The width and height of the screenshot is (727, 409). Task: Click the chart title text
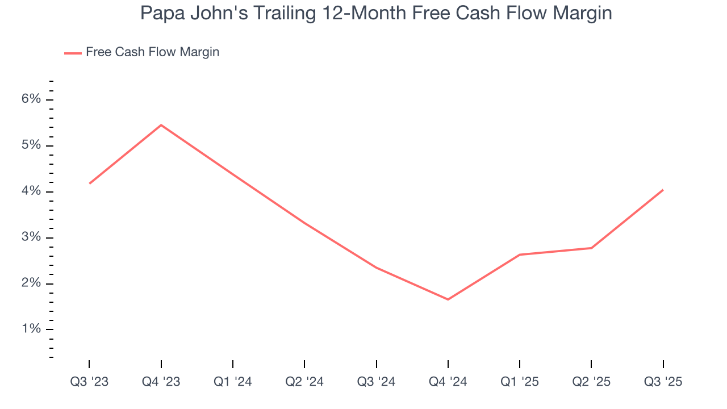[x=376, y=13]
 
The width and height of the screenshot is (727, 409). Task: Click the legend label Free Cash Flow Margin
[x=152, y=52]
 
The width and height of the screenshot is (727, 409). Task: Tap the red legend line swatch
[x=73, y=53]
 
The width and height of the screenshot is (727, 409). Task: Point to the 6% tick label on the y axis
[x=32, y=99]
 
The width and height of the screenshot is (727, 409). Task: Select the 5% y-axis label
[x=32, y=145]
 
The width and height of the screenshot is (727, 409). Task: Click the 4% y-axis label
[x=32, y=191]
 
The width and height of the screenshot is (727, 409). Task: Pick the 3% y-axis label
[x=32, y=237]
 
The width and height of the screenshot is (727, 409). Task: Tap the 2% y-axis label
[x=32, y=283]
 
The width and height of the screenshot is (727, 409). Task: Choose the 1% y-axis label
[x=32, y=329]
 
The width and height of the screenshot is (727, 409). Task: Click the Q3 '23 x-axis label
[x=89, y=382]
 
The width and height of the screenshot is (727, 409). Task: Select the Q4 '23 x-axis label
[x=161, y=382]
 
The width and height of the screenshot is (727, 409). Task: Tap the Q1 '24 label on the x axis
[x=233, y=382]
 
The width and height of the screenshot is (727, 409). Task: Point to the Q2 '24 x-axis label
[x=304, y=382]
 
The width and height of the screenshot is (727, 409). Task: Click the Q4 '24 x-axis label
[x=448, y=382]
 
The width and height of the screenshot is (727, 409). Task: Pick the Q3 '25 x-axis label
[x=663, y=382]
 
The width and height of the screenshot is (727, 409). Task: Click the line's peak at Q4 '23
[x=161, y=125]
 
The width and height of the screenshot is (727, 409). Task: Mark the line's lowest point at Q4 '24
[x=448, y=299]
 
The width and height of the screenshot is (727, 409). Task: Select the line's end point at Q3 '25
[x=663, y=190]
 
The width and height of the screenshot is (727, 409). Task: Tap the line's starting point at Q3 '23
[x=90, y=183]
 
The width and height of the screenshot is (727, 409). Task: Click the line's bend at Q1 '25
[x=520, y=254]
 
